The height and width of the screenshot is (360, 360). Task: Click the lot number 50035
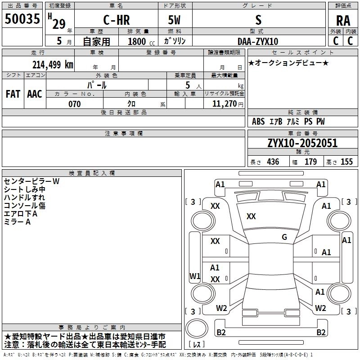22,19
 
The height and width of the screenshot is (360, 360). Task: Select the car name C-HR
117,20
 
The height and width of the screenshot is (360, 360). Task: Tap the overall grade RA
343,21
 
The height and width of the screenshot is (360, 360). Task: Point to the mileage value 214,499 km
53,65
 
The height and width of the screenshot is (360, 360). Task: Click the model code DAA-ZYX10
258,41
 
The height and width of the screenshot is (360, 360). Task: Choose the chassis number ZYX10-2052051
302,143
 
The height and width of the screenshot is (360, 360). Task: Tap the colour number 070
75,104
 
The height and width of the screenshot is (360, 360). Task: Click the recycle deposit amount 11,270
224,104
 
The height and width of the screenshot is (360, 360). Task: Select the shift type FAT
13,94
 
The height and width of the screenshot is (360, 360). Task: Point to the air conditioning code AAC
35,94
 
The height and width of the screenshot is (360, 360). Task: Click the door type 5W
174,20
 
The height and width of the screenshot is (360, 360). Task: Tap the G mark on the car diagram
284,237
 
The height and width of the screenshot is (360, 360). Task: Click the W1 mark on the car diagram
195,276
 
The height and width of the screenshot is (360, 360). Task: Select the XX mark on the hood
251,216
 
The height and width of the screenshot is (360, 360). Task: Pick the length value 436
273,162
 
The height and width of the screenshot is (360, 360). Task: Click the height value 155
346,162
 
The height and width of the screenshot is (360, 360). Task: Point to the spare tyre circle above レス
197,328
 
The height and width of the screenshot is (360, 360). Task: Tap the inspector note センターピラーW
31,181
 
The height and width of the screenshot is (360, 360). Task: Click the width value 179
310,162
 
